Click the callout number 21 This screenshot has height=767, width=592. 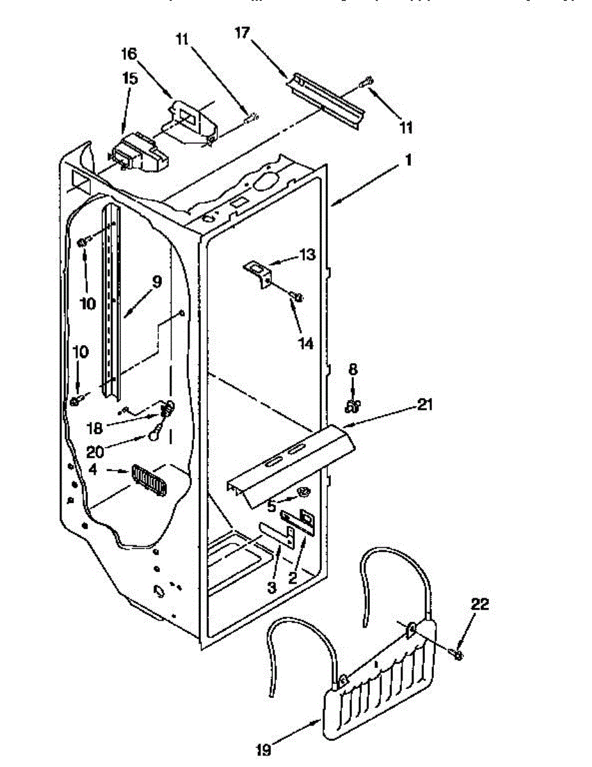[426, 405]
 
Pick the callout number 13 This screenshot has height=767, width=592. [307, 256]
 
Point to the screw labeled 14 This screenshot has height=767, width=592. [297, 296]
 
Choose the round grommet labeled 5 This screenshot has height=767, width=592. [303, 493]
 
